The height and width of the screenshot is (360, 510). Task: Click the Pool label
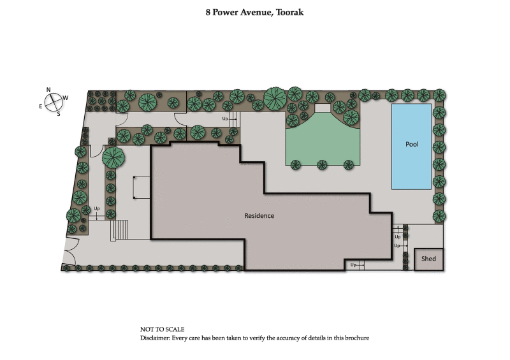coord(412,144)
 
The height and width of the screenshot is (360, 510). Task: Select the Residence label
coord(259,215)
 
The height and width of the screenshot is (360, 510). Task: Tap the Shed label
coord(428,259)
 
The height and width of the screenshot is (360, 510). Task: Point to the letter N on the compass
coord(48,90)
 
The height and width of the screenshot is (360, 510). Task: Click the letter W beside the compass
coord(66,97)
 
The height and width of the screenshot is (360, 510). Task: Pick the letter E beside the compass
coord(41,106)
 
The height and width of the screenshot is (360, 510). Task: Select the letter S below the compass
coord(58,114)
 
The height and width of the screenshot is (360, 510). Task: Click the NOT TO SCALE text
coord(163,329)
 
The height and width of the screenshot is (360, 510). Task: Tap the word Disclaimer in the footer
coord(156,338)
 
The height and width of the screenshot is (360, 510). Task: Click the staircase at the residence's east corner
coord(120,229)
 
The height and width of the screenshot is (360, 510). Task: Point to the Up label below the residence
coord(353,264)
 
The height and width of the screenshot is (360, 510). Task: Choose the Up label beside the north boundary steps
coord(225,119)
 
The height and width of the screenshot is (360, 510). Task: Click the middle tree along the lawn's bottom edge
coord(322,165)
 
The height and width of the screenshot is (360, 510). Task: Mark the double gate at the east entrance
coord(71,251)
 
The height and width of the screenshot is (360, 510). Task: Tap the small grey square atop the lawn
coord(323,108)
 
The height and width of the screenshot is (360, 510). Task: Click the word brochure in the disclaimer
coord(355,338)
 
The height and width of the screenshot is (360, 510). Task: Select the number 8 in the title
coord(208,12)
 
